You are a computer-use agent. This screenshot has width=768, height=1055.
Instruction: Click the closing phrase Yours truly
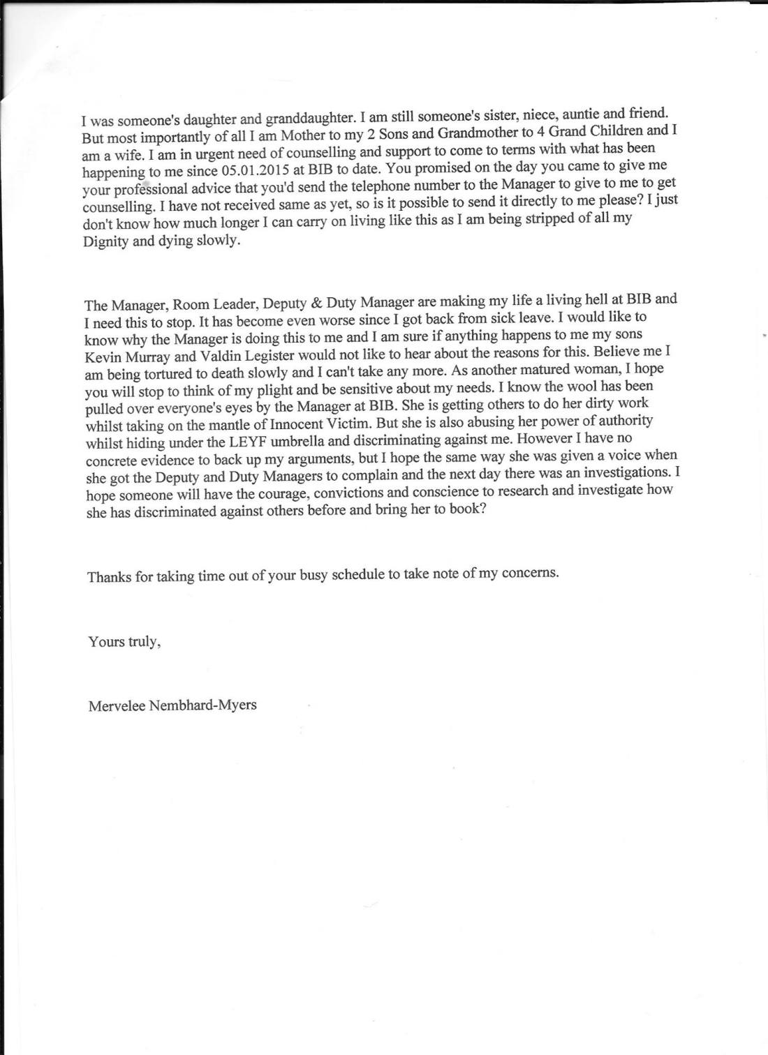(x=124, y=642)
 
